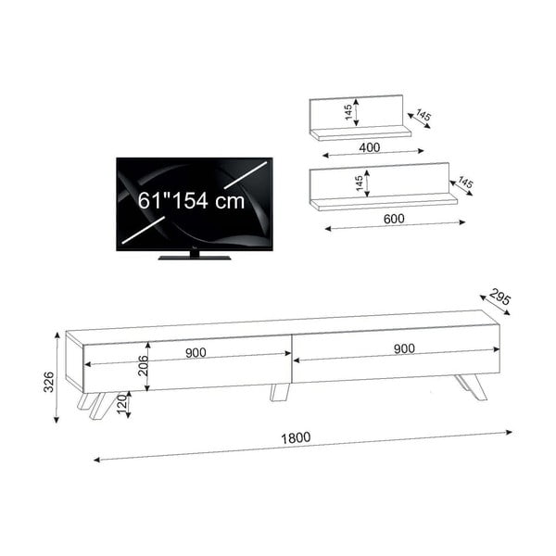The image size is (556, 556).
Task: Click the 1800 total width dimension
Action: [297, 437]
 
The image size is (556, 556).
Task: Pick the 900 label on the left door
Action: [195, 351]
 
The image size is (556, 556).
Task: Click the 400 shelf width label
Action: [370, 147]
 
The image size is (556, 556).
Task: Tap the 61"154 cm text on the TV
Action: [192, 200]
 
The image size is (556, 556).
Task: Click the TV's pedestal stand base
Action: [194, 256]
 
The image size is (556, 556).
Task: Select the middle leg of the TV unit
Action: [279, 393]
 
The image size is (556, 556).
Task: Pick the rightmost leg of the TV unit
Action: [471, 386]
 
